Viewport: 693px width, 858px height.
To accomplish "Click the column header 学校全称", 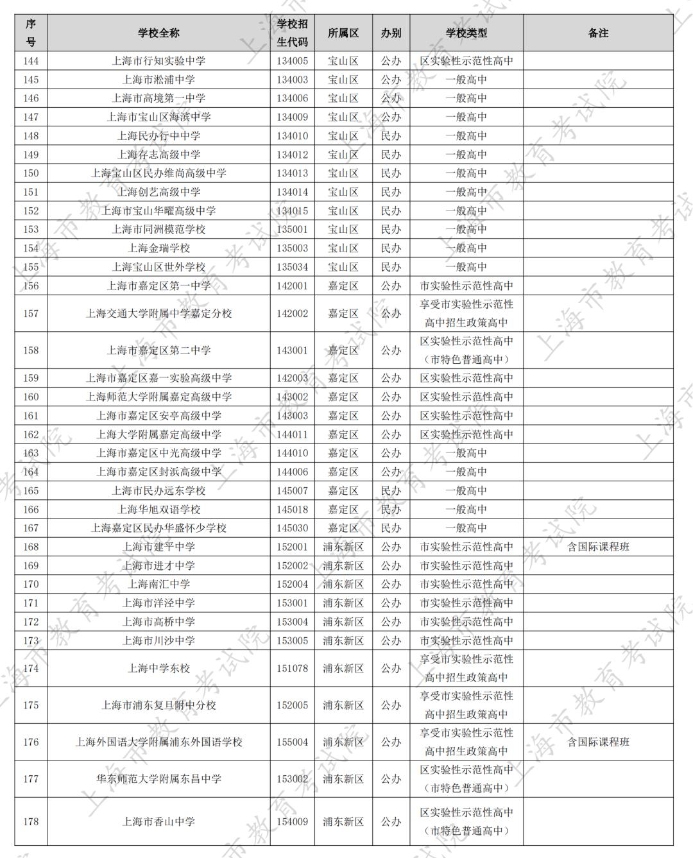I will [158, 33].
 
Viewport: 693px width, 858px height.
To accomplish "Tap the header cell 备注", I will [598, 33].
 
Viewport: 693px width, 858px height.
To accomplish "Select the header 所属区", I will [343, 33].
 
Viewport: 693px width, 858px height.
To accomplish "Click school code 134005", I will [292, 61].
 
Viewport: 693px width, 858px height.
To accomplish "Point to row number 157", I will [31, 313].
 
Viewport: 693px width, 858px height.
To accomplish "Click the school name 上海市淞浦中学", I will [158, 80].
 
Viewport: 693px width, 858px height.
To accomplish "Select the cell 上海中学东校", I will [158, 668].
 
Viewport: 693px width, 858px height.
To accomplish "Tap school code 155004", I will [292, 742].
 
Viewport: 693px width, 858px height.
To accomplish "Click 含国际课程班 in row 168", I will [598, 547].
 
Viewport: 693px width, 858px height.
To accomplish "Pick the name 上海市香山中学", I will [158, 821].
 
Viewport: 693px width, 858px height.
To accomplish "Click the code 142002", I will [292, 313].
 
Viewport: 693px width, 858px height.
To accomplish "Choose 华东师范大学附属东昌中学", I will [158, 778].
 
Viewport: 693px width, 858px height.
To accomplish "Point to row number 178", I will [31, 821].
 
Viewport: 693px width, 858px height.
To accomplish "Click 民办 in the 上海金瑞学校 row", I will [391, 248].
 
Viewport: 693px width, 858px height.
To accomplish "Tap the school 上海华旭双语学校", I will [158, 510].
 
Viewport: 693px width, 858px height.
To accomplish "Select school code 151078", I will [292, 668].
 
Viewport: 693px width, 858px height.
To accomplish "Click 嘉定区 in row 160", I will [343, 397].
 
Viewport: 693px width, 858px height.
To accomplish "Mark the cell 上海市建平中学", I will [158, 547].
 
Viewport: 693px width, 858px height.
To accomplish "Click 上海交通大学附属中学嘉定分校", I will [158, 313].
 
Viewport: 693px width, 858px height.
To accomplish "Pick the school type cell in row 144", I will [466, 61].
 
